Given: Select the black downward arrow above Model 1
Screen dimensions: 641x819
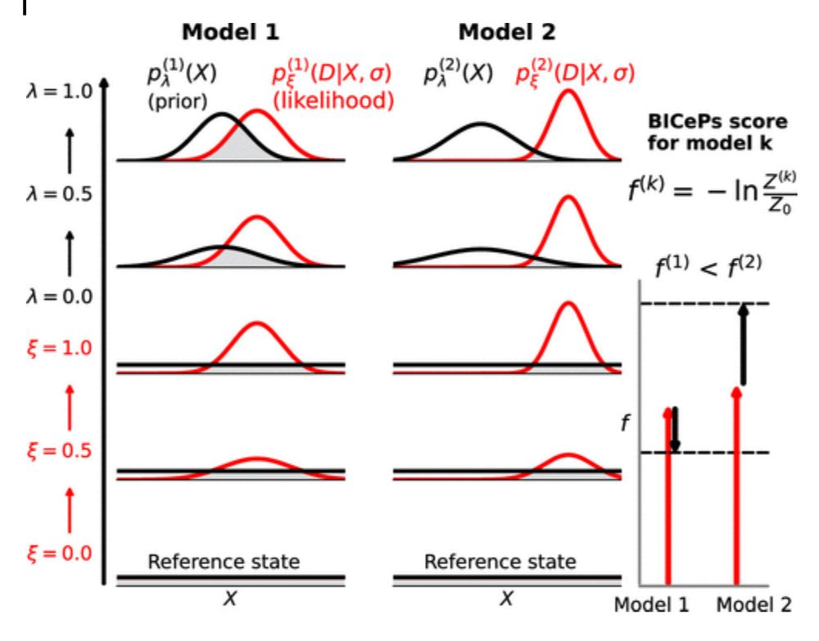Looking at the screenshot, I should [x=675, y=428].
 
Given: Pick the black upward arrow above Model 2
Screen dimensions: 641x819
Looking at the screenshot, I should [x=742, y=344].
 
